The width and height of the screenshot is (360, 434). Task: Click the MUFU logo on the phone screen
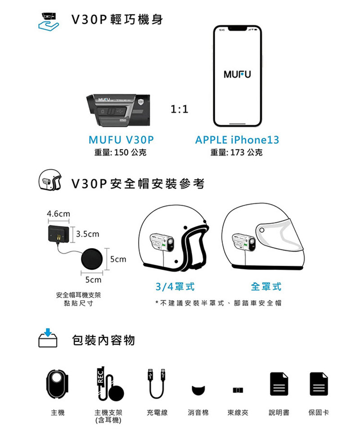click(x=237, y=74)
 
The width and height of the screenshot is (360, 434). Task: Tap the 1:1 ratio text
click(x=179, y=109)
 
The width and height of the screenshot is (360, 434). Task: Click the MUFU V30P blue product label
click(x=121, y=140)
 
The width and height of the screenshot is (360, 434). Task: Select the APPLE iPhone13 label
click(x=237, y=140)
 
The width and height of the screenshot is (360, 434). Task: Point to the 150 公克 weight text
click(x=130, y=153)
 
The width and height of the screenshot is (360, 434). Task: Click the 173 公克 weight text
click(x=246, y=153)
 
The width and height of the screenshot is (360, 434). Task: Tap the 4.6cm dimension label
click(x=58, y=214)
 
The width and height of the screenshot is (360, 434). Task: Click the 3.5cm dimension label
click(x=87, y=234)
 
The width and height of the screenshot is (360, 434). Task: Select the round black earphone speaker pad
click(x=92, y=258)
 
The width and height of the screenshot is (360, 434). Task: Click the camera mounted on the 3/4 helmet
click(x=162, y=242)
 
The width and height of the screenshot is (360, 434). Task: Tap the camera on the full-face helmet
click(x=244, y=242)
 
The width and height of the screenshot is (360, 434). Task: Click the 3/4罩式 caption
click(x=175, y=287)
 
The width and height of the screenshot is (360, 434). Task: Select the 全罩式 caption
click(x=266, y=287)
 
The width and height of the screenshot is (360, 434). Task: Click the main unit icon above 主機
click(x=57, y=384)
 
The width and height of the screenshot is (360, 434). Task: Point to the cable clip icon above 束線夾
click(x=238, y=390)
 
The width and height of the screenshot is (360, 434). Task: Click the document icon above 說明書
click(x=279, y=384)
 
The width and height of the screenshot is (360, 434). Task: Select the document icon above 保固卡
click(x=319, y=384)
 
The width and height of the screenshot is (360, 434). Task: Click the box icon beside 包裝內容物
click(x=48, y=338)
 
